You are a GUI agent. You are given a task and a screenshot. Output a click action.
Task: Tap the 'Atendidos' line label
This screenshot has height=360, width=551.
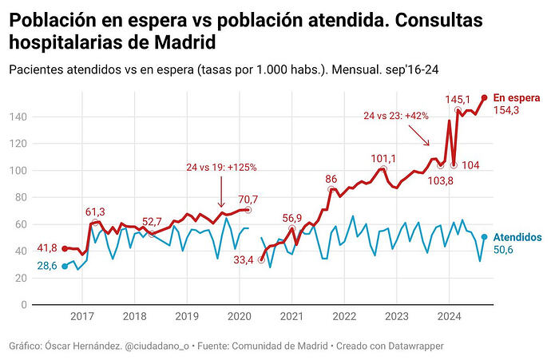[x=517, y=237]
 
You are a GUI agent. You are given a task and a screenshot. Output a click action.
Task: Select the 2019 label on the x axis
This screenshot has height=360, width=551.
[x=186, y=316]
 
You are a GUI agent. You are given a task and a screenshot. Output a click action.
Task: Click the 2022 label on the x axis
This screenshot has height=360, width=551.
[x=343, y=316]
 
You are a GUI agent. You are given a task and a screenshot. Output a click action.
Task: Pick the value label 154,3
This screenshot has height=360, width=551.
[x=506, y=110]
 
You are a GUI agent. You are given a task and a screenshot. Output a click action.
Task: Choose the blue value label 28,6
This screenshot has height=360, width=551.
[x=47, y=266]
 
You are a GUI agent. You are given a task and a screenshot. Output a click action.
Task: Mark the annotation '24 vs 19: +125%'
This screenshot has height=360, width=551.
[x=221, y=167]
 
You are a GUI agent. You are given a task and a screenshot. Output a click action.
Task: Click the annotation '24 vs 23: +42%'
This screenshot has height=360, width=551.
[x=396, y=116]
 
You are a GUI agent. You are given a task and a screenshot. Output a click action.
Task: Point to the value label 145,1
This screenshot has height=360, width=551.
[x=458, y=99]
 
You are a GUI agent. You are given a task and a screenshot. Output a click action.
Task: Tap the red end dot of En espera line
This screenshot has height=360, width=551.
[x=485, y=97]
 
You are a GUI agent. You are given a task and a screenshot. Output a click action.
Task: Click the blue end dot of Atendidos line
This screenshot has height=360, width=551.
[x=485, y=237]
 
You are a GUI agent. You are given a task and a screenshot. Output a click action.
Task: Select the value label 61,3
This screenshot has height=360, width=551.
[x=96, y=212]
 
